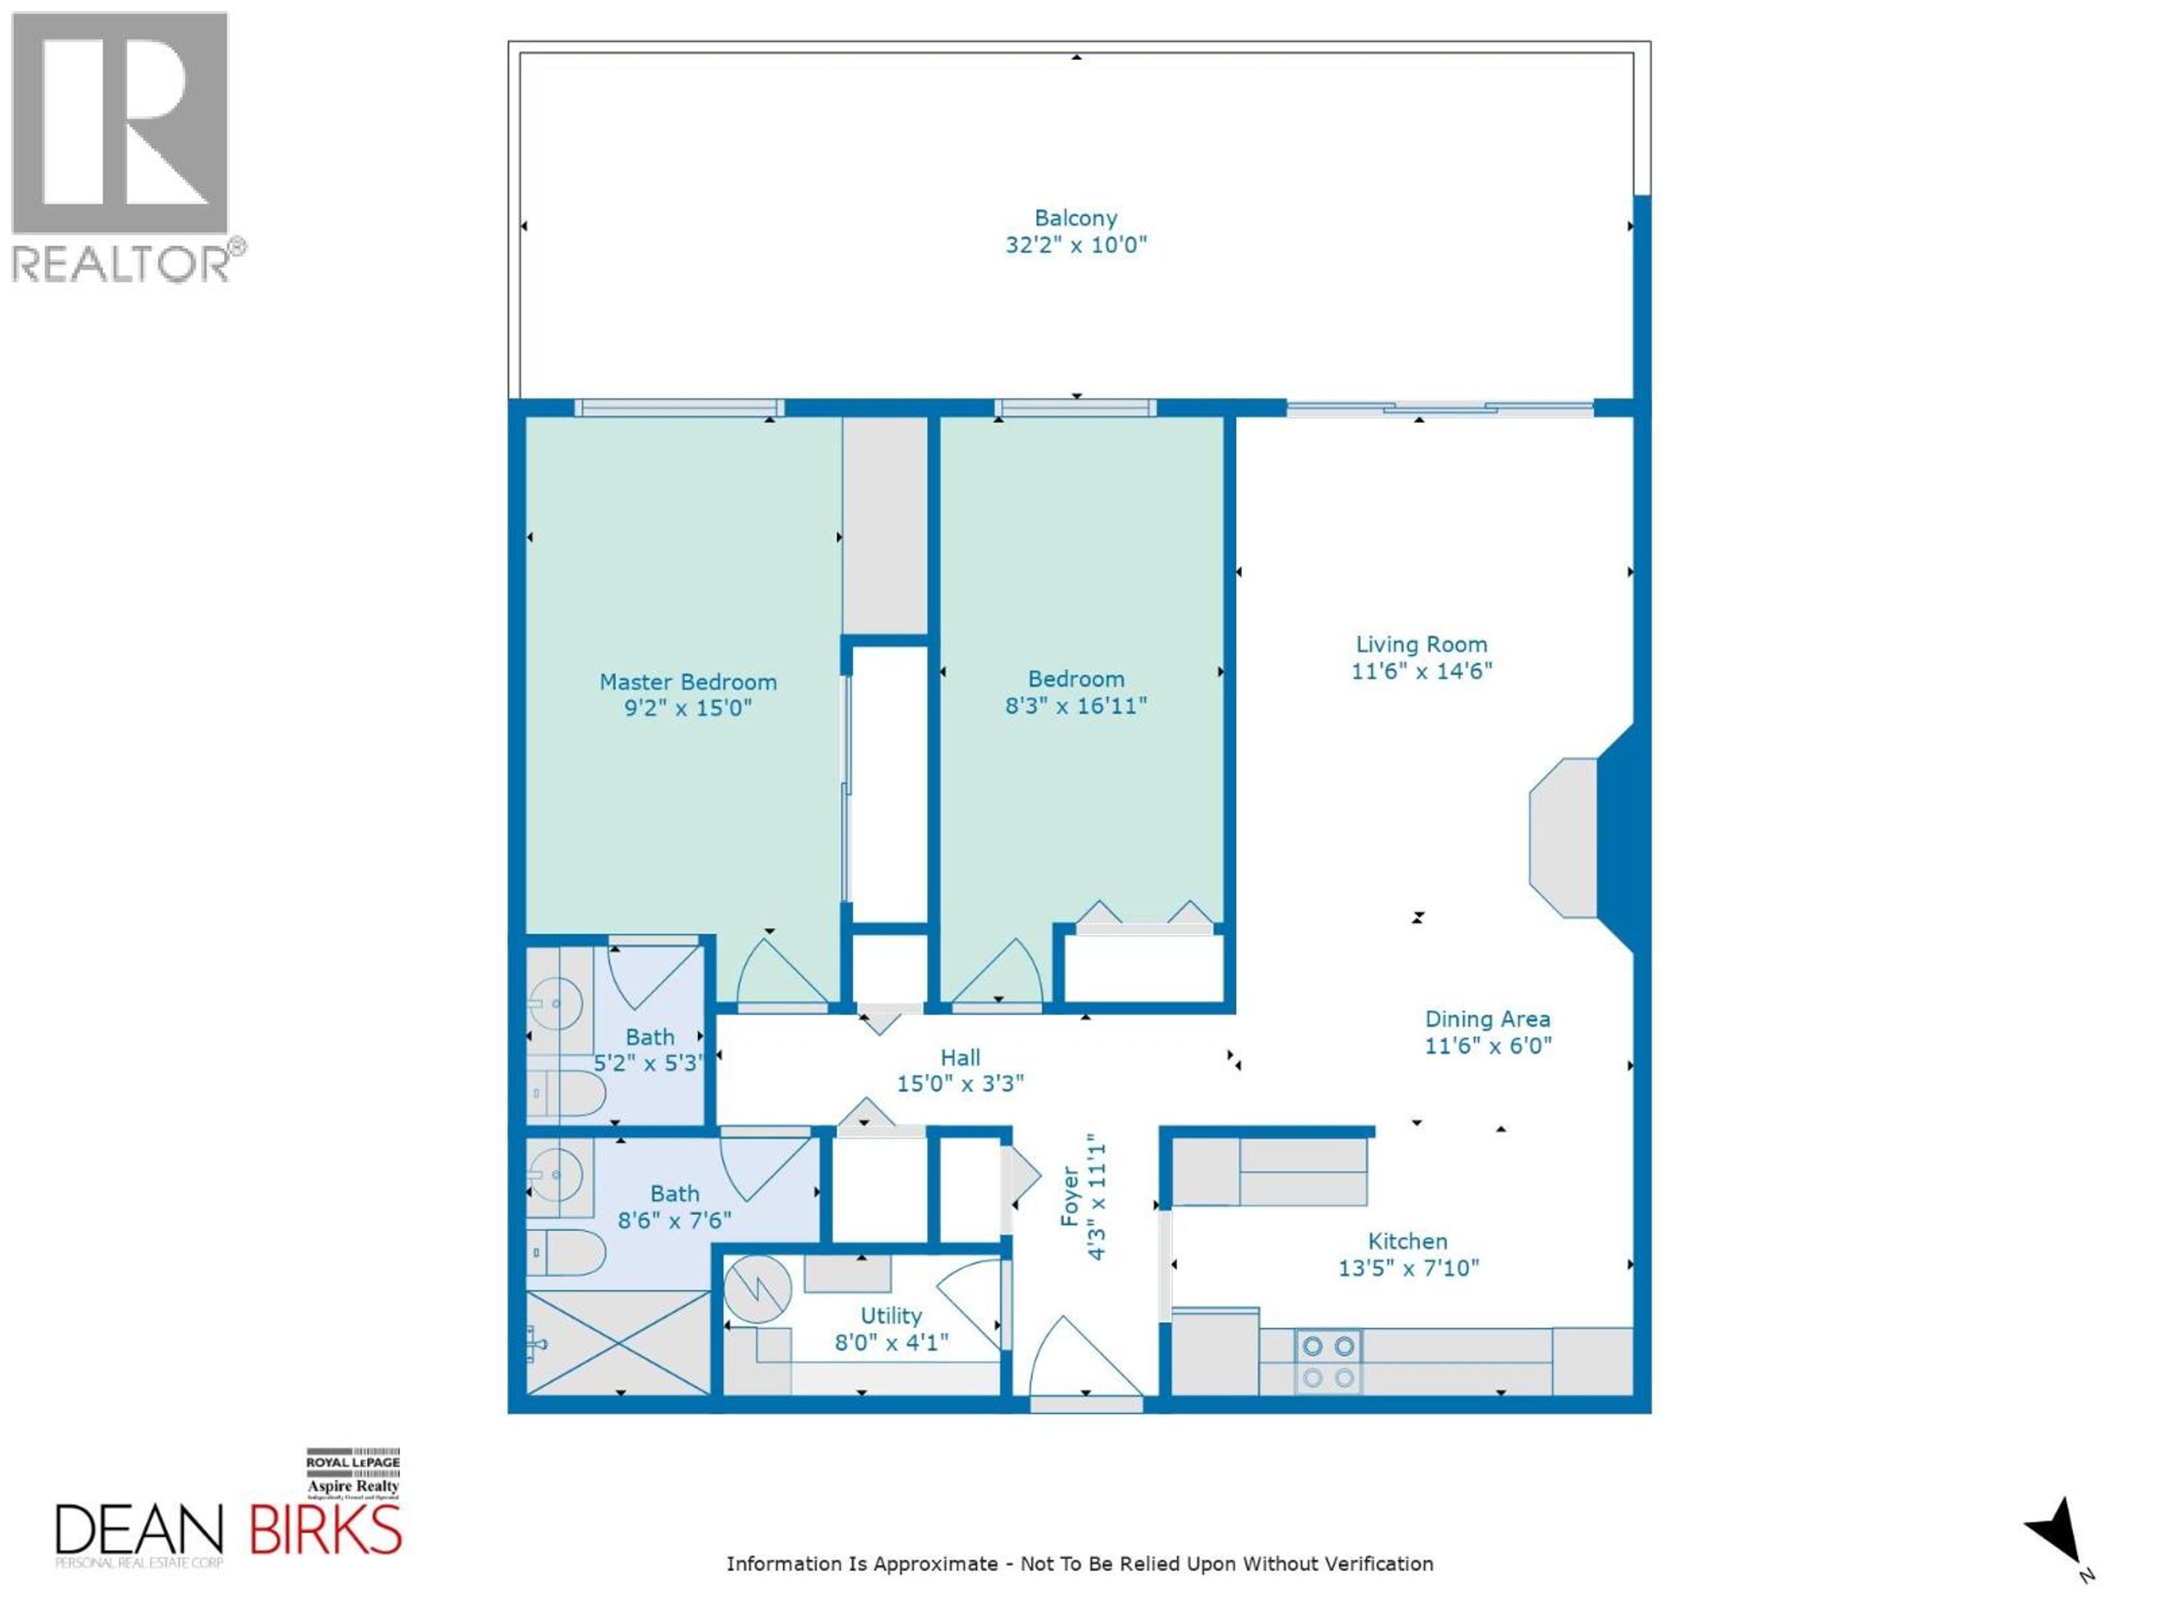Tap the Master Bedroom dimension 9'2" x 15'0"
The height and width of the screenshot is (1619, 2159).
688,708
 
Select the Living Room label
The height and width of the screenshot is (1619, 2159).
1421,644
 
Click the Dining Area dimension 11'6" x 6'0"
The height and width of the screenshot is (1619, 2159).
1488,1045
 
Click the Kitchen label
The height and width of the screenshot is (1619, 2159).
1407,1241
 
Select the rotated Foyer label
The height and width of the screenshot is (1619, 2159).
1070,1196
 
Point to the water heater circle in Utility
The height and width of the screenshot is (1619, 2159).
757,1288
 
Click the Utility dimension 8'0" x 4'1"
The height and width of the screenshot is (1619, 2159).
891,1343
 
